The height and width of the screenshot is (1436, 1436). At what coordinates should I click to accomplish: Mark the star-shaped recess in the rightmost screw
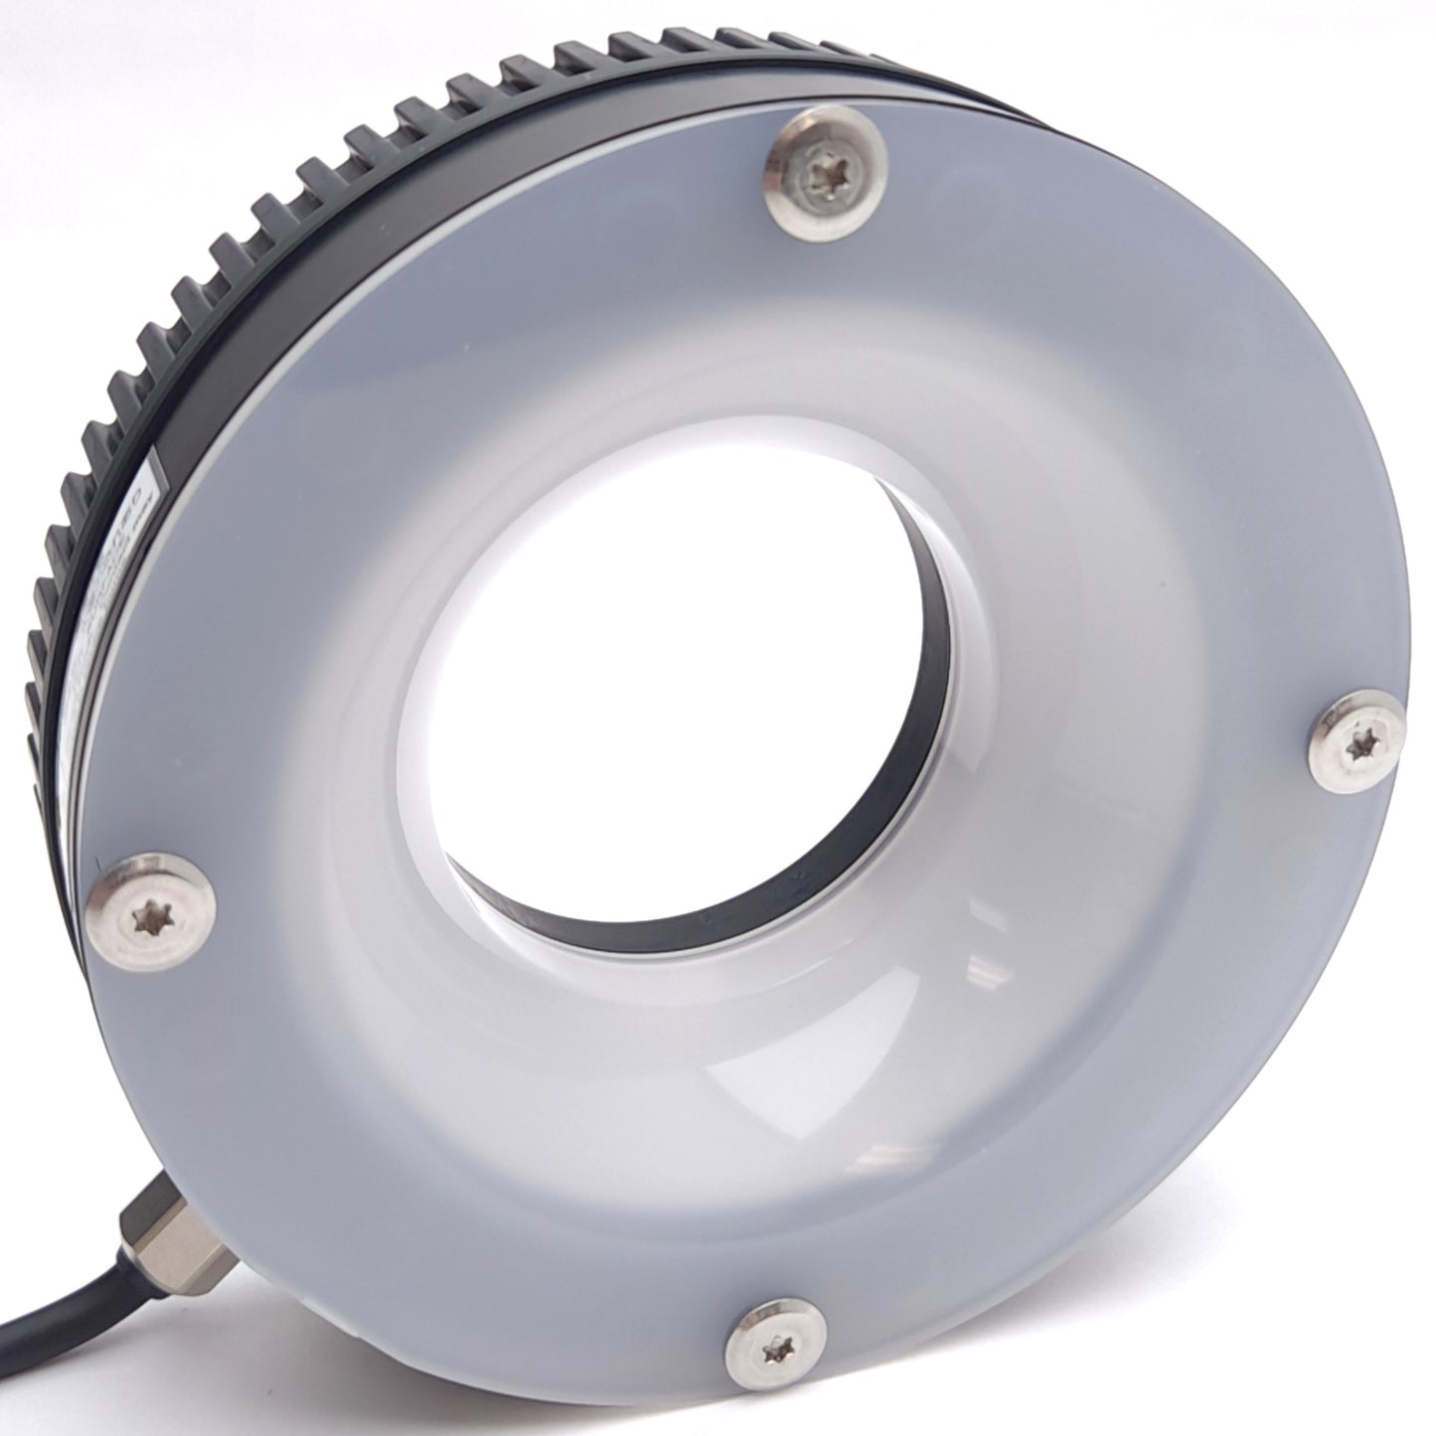1359,739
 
